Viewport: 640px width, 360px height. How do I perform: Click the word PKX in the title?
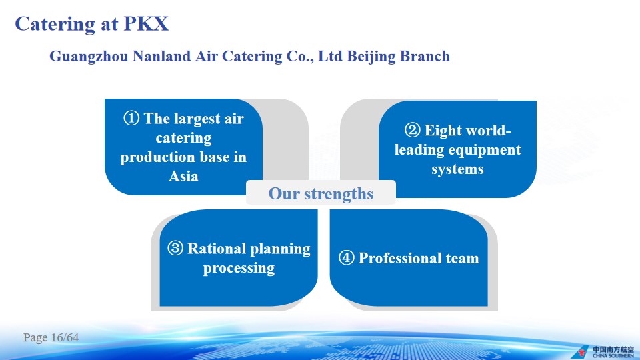pyautogui.click(x=146, y=24)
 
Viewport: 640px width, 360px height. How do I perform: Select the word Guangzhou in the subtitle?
pyautogui.click(x=89, y=57)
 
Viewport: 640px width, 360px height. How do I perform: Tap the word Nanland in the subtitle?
pyautogui.click(x=161, y=56)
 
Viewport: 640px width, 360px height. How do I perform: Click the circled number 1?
pyautogui.click(x=131, y=119)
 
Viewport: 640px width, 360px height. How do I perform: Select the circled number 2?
pyautogui.click(x=412, y=130)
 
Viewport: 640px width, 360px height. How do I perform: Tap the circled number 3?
pyautogui.click(x=175, y=248)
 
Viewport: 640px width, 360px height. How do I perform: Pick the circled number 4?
pyautogui.click(x=346, y=257)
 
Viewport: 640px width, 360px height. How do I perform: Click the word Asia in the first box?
pyautogui.click(x=183, y=176)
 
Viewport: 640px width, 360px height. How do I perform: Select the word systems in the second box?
pyautogui.click(x=457, y=169)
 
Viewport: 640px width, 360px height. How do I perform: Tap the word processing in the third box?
pyautogui.click(x=239, y=269)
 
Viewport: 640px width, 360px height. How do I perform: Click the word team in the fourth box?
pyautogui.click(x=463, y=259)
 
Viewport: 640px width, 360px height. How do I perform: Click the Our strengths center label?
pyautogui.click(x=321, y=194)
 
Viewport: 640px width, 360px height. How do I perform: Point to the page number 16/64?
pyautogui.click(x=65, y=337)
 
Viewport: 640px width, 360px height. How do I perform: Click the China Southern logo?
pyautogui.click(x=603, y=352)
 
